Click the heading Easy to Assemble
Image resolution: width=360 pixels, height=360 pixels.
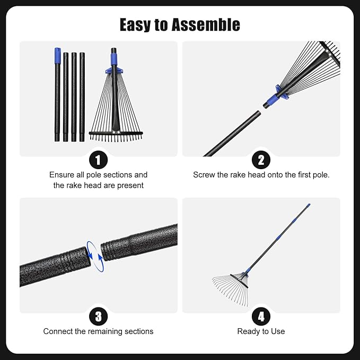(180, 24)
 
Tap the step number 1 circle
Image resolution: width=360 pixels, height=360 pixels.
(99, 159)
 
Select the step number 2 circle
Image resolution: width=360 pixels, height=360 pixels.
(261, 159)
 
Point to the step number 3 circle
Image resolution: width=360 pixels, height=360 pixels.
(99, 317)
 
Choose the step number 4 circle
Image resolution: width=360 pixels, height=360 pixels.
(261, 317)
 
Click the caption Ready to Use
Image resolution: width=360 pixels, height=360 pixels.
(261, 331)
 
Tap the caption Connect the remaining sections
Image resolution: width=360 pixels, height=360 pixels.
(99, 331)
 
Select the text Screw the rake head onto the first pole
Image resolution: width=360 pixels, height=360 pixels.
(261, 174)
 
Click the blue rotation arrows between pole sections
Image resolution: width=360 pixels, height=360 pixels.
(95, 256)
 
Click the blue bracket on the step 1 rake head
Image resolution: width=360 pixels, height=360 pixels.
(114, 69)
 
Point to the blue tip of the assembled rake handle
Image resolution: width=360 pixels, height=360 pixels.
(308, 206)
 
